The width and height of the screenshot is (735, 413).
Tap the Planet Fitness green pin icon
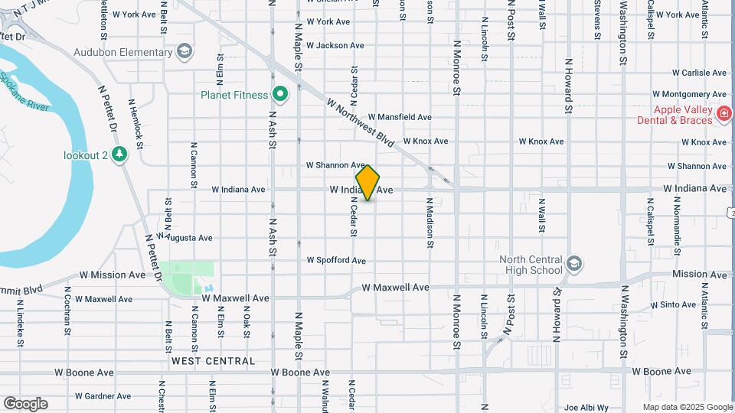[280, 95]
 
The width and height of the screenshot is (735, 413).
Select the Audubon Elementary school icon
[184, 52]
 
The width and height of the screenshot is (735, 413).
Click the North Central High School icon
[573, 265]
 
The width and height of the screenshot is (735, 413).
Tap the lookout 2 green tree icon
[119, 155]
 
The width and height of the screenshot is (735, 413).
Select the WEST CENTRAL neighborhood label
[213, 360]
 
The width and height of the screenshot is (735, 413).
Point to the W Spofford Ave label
[336, 260]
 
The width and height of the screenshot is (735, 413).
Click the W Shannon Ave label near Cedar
[335, 165]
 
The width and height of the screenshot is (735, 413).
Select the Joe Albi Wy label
[586, 408]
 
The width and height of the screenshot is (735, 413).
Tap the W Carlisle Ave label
[699, 73]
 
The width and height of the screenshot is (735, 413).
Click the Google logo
[25, 404]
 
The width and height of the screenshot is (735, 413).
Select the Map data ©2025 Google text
[687, 407]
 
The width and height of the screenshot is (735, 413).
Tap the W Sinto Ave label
[674, 304]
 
